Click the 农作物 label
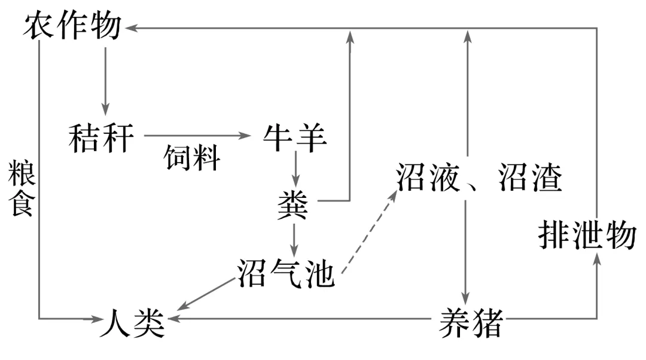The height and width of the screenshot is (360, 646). [72, 26]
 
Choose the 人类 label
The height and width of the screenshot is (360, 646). [132, 323]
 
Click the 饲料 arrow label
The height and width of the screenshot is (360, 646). [192, 158]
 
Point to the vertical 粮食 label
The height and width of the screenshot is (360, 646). [20, 188]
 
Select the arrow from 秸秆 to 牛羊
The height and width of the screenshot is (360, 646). [197, 136]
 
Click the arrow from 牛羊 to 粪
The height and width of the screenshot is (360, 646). [294, 169]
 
